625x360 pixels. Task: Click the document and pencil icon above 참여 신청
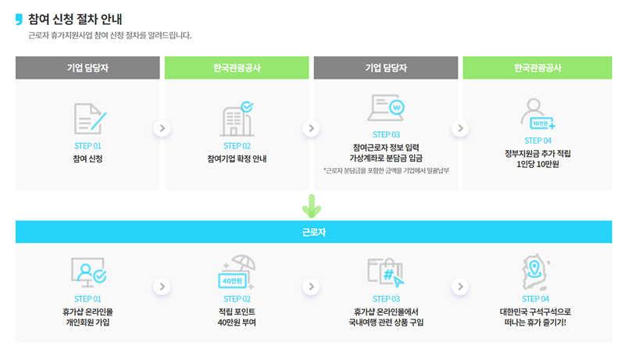[x=89, y=118]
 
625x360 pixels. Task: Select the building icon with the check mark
[x=237, y=118]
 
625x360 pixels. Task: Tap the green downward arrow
[x=312, y=205]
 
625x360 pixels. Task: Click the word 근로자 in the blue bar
[x=312, y=232]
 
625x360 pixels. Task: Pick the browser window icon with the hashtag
[x=387, y=272]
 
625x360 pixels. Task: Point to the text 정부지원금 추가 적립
[x=536, y=154]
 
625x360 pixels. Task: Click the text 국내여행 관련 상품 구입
[x=387, y=322]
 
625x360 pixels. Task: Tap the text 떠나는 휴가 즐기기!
[x=536, y=322]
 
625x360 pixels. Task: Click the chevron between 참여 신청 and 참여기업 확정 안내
[x=162, y=128]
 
